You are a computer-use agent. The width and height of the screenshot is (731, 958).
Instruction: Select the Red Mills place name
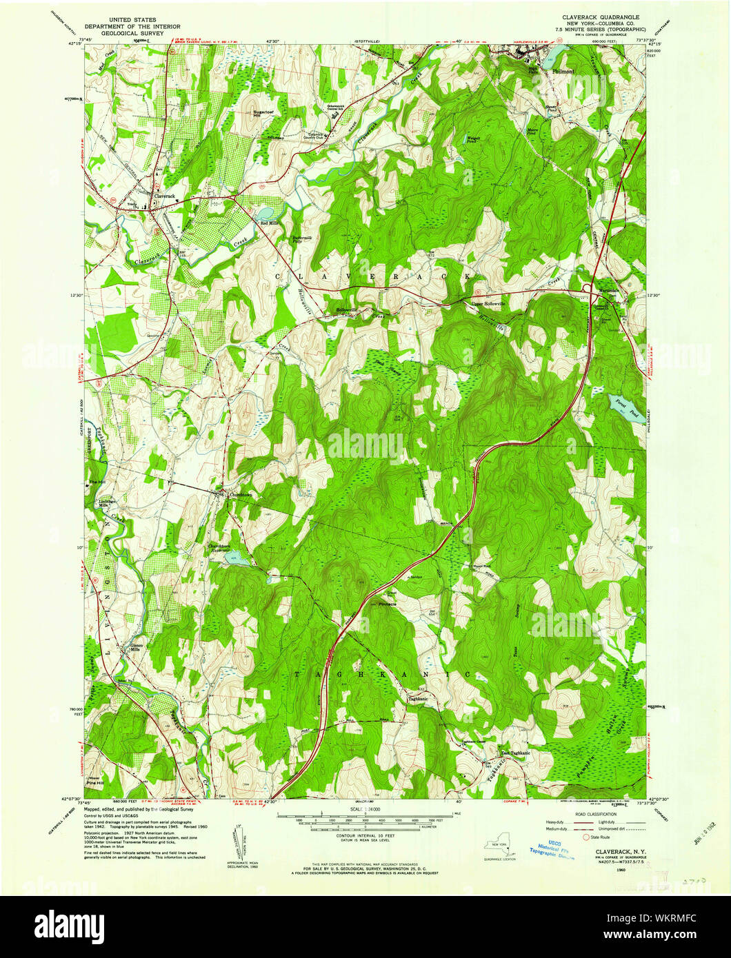pyautogui.click(x=268, y=223)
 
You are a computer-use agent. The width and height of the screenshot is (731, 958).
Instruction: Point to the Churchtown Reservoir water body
pyautogui.click(x=236, y=562)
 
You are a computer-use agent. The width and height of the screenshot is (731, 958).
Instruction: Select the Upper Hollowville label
pyautogui.click(x=488, y=303)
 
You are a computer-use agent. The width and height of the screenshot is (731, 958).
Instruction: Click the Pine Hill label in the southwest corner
pyautogui.click(x=94, y=783)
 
